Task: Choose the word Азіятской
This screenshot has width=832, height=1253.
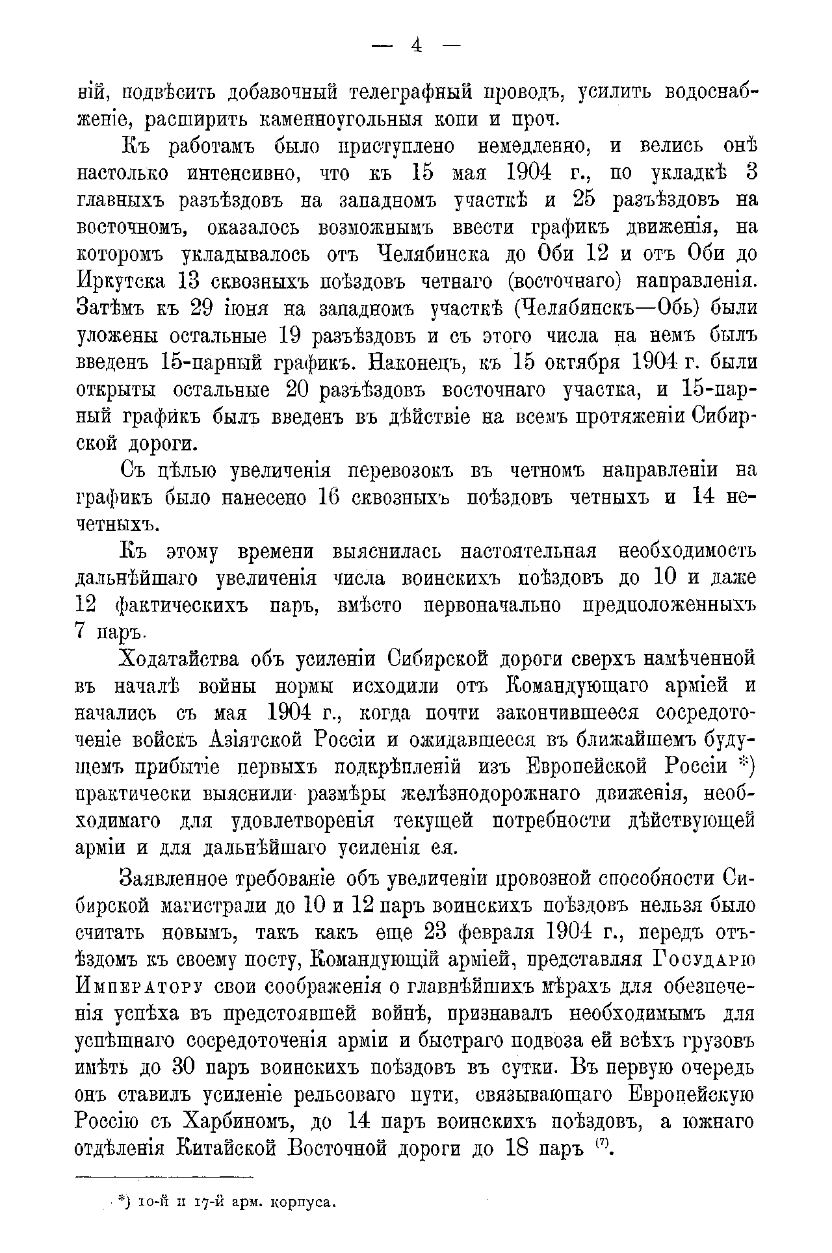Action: (257, 741)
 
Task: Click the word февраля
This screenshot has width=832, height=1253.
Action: (491, 933)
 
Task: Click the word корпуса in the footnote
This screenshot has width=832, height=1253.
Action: (305, 1203)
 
